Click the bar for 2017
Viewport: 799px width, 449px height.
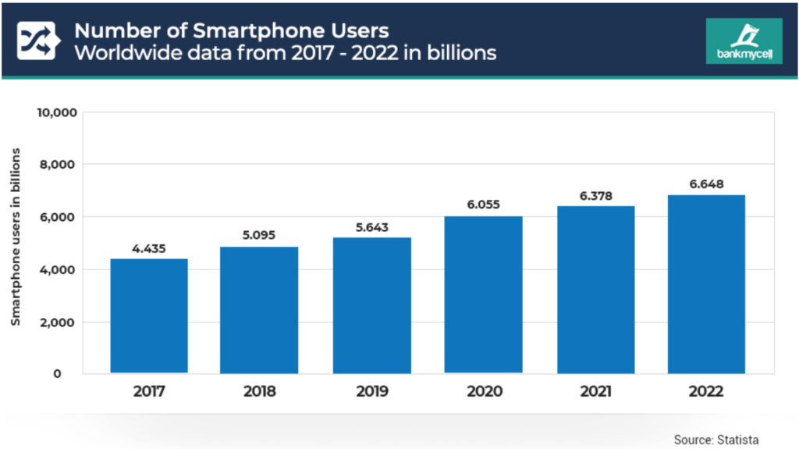click(149, 315)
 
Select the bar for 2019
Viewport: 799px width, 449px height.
click(371, 305)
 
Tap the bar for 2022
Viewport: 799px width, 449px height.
click(706, 283)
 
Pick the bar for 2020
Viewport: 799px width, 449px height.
click(483, 294)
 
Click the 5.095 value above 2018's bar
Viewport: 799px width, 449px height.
click(259, 234)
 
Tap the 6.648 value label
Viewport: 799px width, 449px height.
click(706, 185)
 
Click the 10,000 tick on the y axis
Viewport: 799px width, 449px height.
click(56, 112)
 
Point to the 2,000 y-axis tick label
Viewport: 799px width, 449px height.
click(59, 322)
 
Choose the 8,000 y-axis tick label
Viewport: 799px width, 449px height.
click(59, 165)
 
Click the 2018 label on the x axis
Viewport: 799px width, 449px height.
click(259, 391)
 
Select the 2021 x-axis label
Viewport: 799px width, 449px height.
click(595, 391)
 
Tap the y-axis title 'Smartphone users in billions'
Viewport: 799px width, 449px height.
click(16, 236)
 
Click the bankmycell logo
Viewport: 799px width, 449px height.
click(743, 41)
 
